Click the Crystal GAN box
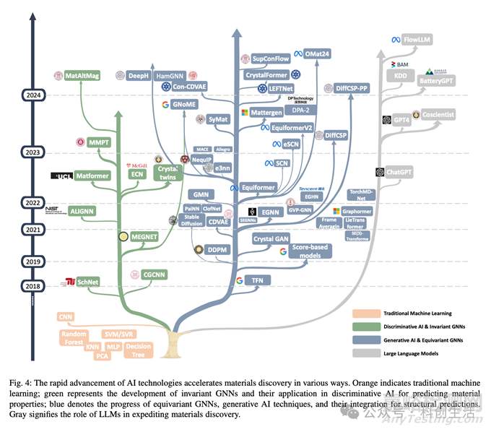(x=271, y=238)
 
